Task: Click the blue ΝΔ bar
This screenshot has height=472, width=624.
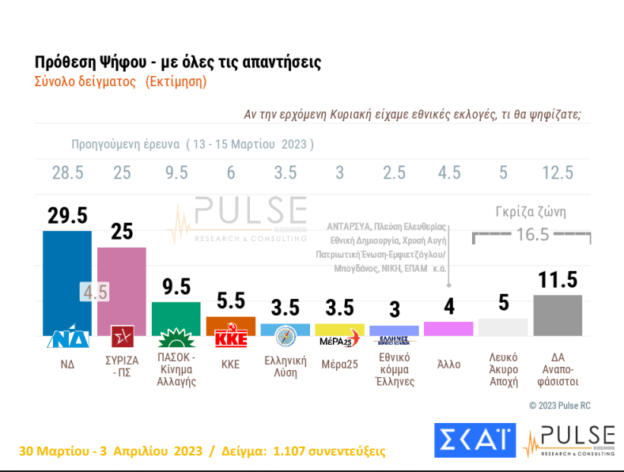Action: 66,277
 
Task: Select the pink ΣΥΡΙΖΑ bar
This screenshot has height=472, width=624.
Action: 121,285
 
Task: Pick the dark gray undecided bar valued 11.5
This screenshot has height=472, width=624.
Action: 558,315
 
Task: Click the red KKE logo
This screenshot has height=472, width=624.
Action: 231,338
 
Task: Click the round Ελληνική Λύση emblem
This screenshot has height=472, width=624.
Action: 285,336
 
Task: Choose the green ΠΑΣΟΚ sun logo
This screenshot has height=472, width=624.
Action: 176,339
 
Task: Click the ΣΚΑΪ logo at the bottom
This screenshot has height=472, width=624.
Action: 475,440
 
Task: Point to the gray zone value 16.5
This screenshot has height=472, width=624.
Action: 533,236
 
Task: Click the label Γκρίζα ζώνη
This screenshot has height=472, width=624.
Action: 531,212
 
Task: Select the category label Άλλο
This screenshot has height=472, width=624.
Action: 448,365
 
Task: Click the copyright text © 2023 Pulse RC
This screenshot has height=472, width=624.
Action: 559,406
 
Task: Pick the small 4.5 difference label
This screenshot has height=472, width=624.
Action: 94,292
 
